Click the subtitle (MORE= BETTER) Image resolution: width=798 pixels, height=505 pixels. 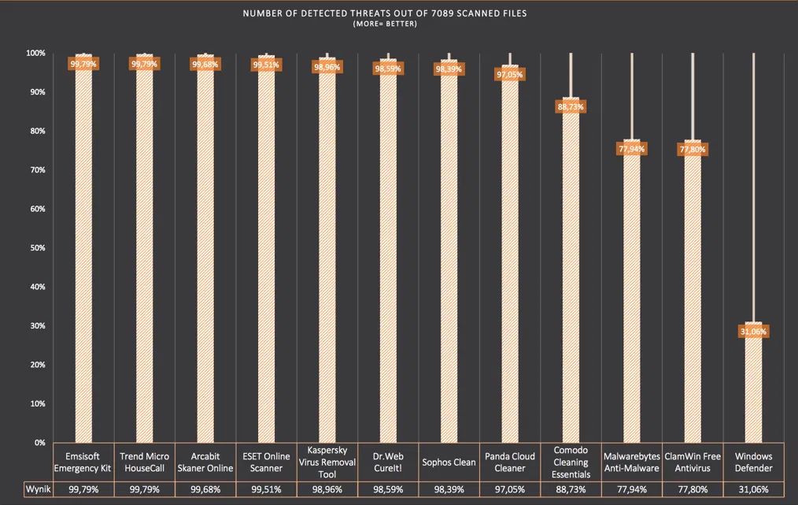pos(385,24)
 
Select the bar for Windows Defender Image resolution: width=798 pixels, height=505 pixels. pos(753,386)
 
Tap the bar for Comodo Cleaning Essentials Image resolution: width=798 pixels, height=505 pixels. pos(571,276)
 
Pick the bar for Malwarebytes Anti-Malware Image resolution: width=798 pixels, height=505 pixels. pos(632,299)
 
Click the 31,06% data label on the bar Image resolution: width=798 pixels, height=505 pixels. pos(753,332)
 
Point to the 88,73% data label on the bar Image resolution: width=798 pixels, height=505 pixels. pos(571,106)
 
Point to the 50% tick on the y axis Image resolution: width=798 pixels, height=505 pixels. pos(36,247)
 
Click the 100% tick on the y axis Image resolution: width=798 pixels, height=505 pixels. pos(35,53)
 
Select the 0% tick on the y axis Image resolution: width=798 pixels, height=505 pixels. pos(39,443)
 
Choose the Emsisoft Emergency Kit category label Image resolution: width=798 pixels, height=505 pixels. pos(83,462)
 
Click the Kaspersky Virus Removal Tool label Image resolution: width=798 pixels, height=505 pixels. pos(327,462)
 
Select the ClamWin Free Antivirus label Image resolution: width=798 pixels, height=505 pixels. pos(693,462)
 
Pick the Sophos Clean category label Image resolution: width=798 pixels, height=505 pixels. pos(449,462)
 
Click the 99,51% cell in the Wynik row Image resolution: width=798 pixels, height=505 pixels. pos(266,488)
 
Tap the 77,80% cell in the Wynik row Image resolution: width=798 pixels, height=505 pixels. pos(693,488)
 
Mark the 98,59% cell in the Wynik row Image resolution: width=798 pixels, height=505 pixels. pos(387,488)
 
